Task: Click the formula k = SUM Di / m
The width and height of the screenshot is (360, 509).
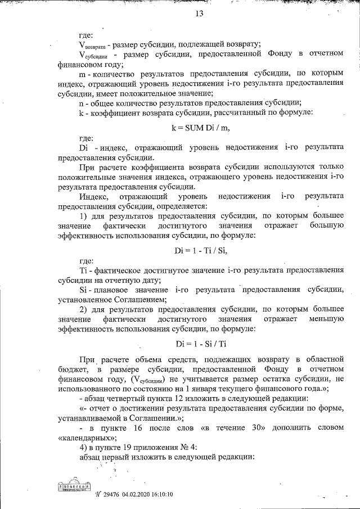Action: click(201, 127)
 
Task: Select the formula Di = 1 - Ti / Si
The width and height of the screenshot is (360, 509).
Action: click(201, 250)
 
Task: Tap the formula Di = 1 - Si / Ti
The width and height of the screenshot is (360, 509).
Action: click(201, 343)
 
